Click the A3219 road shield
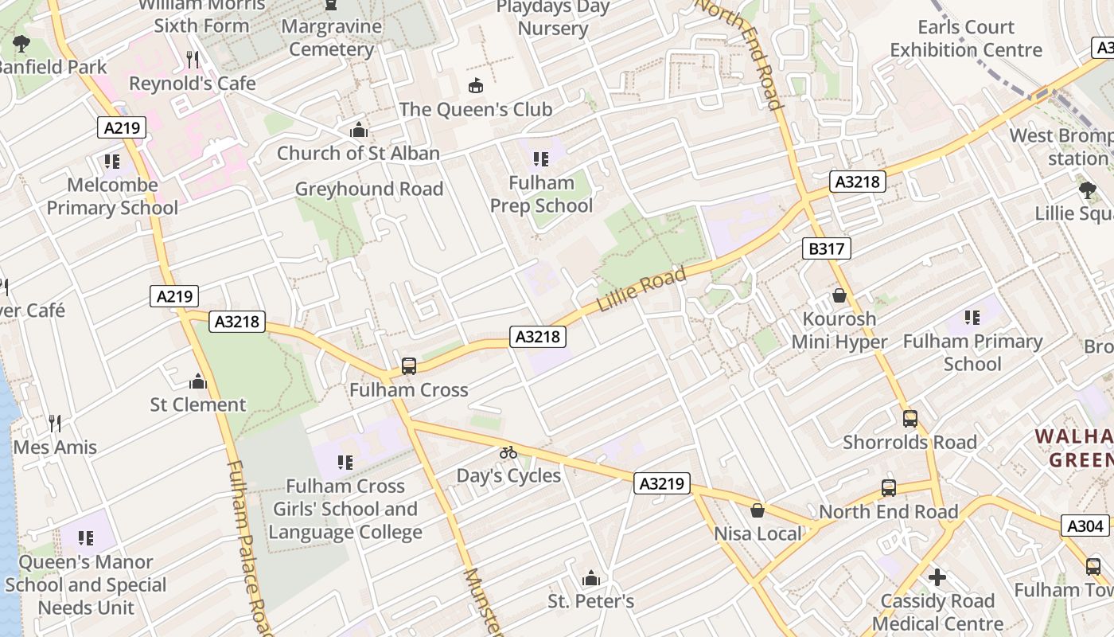pyautogui.click(x=662, y=483)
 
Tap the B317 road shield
pyautogui.click(x=826, y=249)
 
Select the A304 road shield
pyautogui.click(x=1085, y=526)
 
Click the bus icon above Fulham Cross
pyautogui.click(x=409, y=366)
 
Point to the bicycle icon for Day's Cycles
pyautogui.click(x=508, y=452)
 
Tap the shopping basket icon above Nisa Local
pyautogui.click(x=758, y=510)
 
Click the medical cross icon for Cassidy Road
pyautogui.click(x=937, y=576)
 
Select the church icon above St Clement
pyautogui.click(x=198, y=381)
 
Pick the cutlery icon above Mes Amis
pyautogui.click(x=54, y=423)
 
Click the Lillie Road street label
pyautogui.click(x=641, y=290)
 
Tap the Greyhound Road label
pyautogui.click(x=369, y=189)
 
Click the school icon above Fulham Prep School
pyautogui.click(x=541, y=159)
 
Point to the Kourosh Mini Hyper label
pyautogui.click(x=839, y=330)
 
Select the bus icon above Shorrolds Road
pyautogui.click(x=910, y=419)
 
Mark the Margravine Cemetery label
pyautogui.click(x=331, y=37)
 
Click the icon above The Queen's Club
pyautogui.click(x=476, y=85)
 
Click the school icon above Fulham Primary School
pyautogui.click(x=972, y=318)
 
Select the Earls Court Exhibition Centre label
pyautogui.click(x=965, y=38)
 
